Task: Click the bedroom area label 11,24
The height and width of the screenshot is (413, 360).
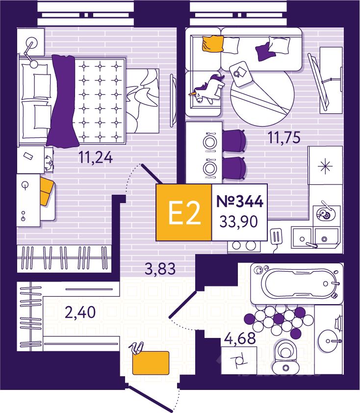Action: [x=96, y=157]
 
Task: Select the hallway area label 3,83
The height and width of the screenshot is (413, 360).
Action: [x=159, y=268]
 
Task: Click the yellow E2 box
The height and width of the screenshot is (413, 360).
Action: [x=183, y=212]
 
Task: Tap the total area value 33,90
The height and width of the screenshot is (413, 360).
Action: [x=239, y=222]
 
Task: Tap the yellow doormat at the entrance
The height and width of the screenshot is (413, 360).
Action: [x=151, y=363]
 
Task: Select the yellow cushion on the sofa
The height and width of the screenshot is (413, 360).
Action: [x=212, y=44]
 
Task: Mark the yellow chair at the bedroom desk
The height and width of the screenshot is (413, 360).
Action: [x=46, y=191]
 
